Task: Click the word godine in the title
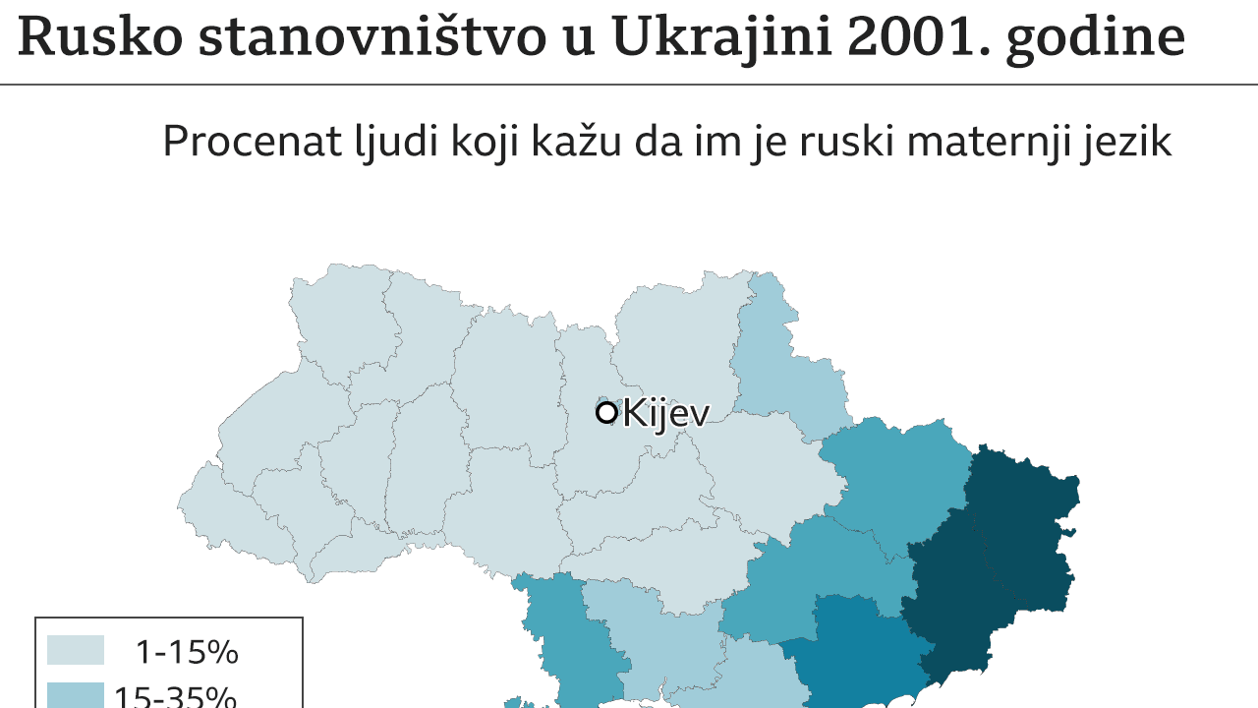[x=1095, y=39]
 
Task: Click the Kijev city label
[x=665, y=413]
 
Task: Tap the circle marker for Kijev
[x=606, y=412]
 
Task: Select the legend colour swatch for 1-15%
[x=76, y=651]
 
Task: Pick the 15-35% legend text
[x=175, y=696]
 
